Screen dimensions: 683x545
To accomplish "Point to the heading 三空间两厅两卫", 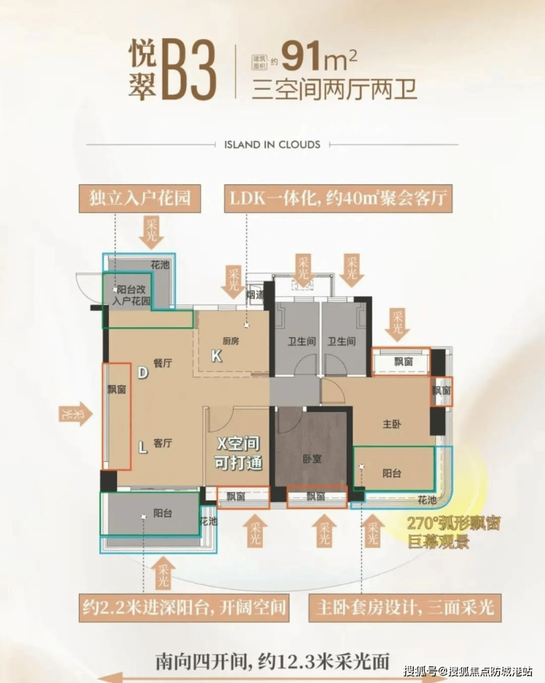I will (x=334, y=90).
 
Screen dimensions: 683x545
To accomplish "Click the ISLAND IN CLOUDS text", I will (x=272, y=144).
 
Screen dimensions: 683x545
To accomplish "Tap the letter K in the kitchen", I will (x=216, y=357).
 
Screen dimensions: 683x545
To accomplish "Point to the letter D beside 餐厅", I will (x=142, y=373).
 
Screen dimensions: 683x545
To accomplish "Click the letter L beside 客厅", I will (x=142, y=445).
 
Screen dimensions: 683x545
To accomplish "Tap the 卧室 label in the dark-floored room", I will (x=312, y=458).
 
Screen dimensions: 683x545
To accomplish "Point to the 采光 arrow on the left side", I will (x=74, y=415).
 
